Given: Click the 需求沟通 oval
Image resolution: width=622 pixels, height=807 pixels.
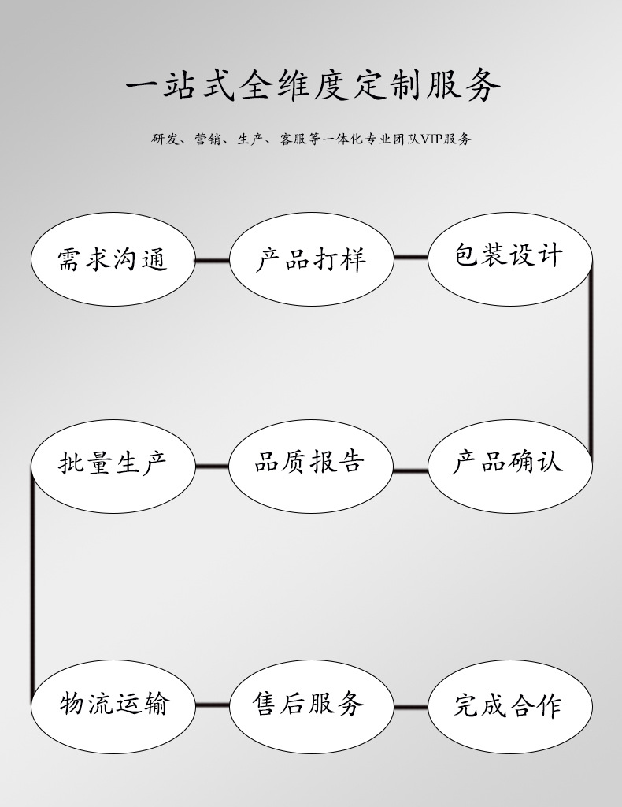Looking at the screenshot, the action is point(113,259).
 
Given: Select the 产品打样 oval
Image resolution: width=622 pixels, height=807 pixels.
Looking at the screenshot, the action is point(311,259).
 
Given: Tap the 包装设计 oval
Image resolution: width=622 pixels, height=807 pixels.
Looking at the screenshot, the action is point(510,259).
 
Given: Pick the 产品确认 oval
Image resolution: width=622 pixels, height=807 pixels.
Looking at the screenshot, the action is point(510,467).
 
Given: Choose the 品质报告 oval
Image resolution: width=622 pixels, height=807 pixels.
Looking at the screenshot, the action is point(311,467).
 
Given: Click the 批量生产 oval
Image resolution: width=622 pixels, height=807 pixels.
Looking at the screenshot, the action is point(113,467).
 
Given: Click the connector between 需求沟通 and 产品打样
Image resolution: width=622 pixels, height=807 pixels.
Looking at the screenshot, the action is point(213,260).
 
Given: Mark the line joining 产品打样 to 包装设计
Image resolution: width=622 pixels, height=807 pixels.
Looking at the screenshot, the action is point(411,257).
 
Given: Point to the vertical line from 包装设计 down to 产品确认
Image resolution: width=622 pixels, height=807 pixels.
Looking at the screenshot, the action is point(591,363).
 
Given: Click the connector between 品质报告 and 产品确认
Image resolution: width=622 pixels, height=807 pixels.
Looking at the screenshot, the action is point(411,470).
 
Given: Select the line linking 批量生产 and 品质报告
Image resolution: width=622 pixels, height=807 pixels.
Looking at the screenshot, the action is point(213,467).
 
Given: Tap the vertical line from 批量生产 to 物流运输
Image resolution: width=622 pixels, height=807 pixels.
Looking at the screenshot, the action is point(32,586).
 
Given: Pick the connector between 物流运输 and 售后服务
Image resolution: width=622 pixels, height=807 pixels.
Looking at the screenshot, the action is point(213,705).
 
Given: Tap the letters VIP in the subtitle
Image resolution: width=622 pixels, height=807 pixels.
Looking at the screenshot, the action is point(431,139).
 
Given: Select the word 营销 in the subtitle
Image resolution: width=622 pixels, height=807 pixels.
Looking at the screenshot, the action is point(207,139).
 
